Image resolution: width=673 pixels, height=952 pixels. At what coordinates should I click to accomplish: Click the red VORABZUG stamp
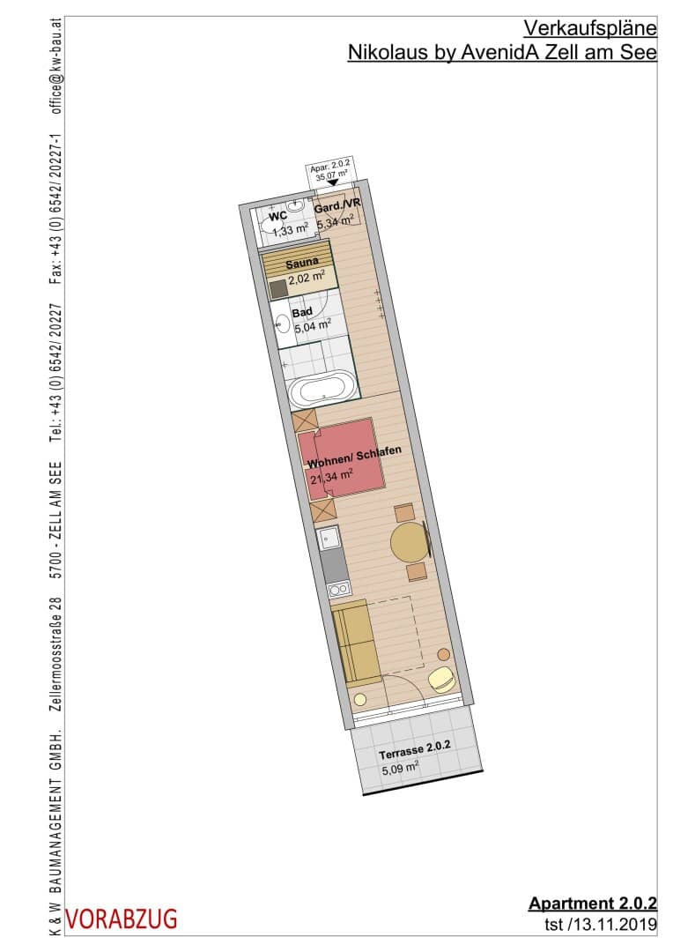122,919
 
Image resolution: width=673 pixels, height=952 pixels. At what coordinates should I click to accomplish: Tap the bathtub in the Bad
322,390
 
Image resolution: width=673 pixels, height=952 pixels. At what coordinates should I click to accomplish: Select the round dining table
410,542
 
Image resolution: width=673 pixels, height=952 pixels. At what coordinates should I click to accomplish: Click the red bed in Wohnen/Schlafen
343,459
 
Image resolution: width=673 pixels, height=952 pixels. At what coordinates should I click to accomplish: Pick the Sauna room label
302,263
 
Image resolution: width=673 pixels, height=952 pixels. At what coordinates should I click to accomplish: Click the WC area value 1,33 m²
290,230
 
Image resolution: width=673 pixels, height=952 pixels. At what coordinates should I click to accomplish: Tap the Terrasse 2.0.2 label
415,751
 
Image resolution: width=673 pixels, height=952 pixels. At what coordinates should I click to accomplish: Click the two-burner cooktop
339,589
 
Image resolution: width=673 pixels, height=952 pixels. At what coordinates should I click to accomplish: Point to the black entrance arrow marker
333,182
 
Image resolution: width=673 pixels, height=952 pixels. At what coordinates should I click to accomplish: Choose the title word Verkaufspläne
590,28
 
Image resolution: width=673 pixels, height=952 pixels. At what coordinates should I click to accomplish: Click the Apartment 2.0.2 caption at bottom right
592,904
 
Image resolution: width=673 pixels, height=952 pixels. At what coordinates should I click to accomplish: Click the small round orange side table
444,654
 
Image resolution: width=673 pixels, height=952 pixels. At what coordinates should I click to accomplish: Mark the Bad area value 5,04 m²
313,327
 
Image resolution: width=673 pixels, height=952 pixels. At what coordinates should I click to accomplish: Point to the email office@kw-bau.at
56,66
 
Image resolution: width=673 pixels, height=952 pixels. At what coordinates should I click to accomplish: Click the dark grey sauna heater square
278,289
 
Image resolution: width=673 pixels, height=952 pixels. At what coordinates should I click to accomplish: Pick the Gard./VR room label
337,206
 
